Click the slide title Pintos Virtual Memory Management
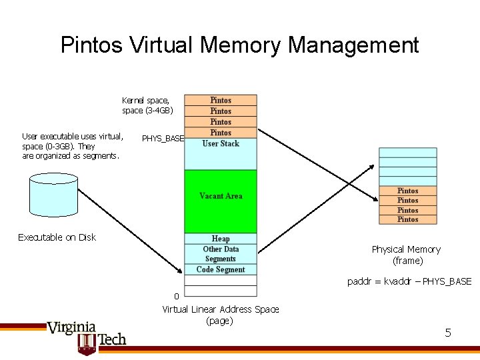239,45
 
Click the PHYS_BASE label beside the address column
163,139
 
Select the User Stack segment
221,144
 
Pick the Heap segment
221,238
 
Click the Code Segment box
221,269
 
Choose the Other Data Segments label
221,254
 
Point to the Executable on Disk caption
57,237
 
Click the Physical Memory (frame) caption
406,255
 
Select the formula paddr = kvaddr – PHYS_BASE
409,281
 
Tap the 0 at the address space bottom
177,296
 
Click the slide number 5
448,332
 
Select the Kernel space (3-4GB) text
147,105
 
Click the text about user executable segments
73,146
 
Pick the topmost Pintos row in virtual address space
221,100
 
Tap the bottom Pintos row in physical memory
407,219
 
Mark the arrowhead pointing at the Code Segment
181,270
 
